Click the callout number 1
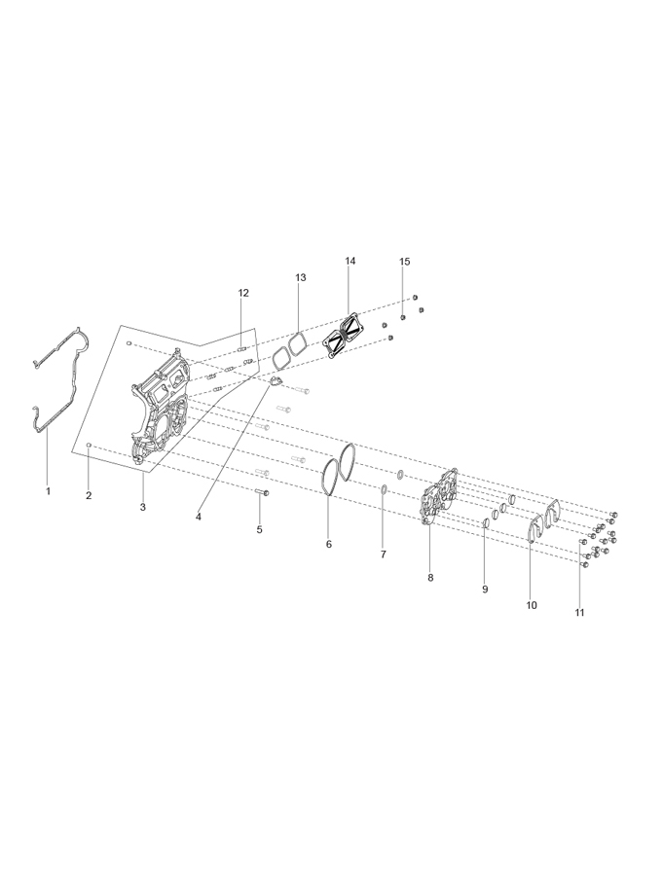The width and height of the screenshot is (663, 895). [48, 491]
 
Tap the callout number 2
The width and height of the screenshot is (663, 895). [89, 495]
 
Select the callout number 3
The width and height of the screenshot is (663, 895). [143, 507]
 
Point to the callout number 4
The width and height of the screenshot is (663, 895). [199, 517]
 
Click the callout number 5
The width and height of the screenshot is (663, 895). [259, 529]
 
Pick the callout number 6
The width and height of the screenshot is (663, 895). [329, 545]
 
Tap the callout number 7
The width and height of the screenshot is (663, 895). [384, 554]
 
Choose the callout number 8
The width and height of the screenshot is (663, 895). [430, 578]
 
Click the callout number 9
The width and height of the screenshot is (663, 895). [485, 590]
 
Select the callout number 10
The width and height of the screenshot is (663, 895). [532, 605]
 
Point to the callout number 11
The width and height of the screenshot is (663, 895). [579, 613]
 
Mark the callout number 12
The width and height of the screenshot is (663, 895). [243, 293]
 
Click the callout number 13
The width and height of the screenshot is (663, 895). [301, 277]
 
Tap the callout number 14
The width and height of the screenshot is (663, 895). [350, 261]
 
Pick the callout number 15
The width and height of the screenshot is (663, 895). [404, 262]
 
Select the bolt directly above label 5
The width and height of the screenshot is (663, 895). [263, 492]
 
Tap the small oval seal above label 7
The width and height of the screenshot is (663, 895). [385, 489]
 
